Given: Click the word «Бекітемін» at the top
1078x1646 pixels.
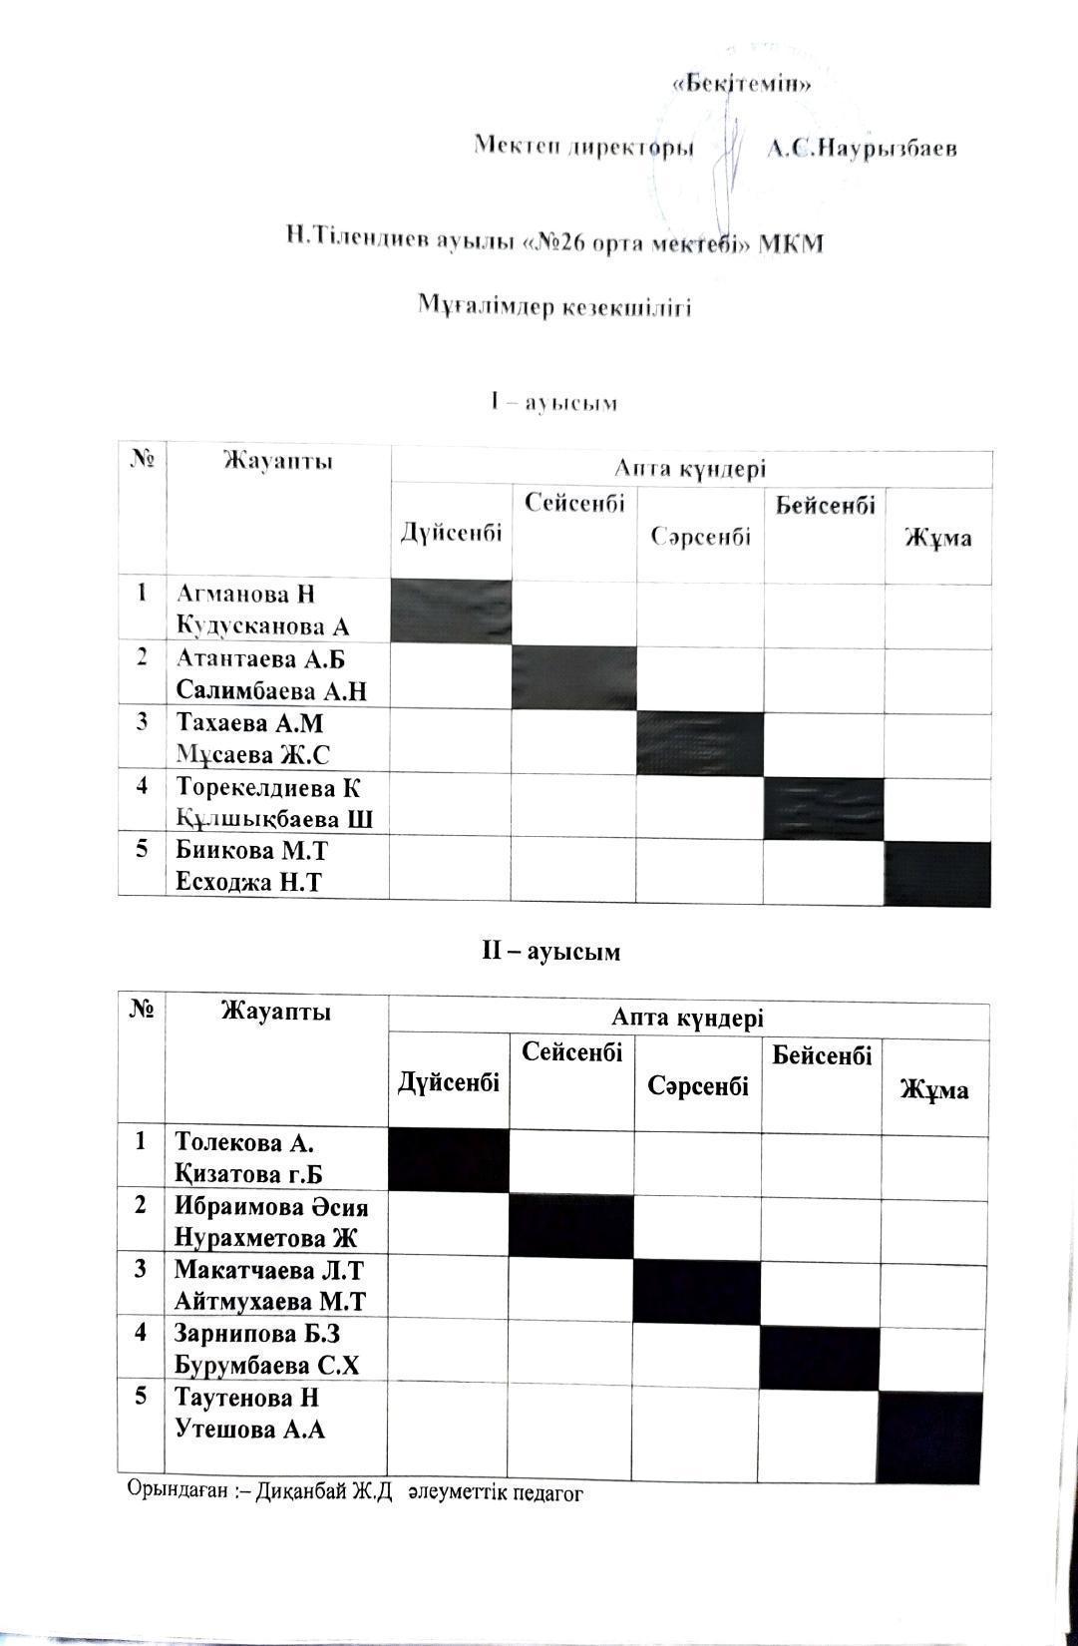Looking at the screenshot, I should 742,84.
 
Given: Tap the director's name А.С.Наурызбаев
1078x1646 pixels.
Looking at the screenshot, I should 862,149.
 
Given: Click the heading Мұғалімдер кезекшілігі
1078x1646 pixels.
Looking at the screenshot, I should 553,306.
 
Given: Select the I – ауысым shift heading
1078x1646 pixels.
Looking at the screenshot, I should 553,403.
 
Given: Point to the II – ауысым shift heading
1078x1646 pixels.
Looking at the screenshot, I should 551,952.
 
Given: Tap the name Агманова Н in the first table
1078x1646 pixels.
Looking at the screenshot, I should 245,595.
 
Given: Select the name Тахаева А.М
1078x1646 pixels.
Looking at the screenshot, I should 250,723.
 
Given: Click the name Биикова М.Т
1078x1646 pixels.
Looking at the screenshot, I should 251,851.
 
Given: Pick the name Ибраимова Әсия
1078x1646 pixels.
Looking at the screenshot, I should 271,1206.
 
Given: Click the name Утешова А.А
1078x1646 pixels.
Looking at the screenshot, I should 250,1430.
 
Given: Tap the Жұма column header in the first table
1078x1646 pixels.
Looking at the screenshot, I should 937,539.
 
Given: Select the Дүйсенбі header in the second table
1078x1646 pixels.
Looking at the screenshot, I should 449,1082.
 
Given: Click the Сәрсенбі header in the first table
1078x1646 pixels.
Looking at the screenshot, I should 700,537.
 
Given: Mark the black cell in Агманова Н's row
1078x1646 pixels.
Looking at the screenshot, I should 451,611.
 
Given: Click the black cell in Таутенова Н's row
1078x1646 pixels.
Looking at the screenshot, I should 930,1436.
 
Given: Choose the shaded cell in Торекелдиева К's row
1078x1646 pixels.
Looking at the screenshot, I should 824,807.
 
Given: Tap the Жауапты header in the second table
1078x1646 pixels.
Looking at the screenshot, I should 275,1012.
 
